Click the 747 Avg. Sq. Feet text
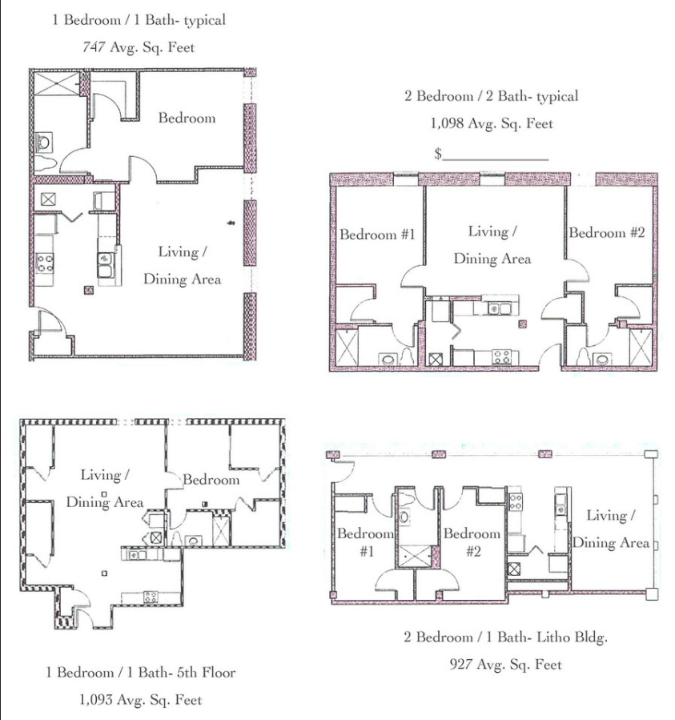point(139,47)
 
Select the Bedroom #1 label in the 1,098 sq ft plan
point(377,235)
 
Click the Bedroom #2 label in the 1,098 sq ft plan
point(607,233)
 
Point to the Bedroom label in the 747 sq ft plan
point(187,118)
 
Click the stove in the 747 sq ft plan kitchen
point(43,261)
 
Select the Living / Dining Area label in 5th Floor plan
point(104,489)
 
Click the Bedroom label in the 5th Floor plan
point(211,480)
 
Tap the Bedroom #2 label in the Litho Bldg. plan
point(472,542)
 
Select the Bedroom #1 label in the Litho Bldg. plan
point(366,542)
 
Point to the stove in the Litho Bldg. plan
point(515,503)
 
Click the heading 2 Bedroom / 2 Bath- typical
point(491,96)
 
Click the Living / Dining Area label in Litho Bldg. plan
point(610,529)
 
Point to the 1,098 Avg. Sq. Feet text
point(492,123)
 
